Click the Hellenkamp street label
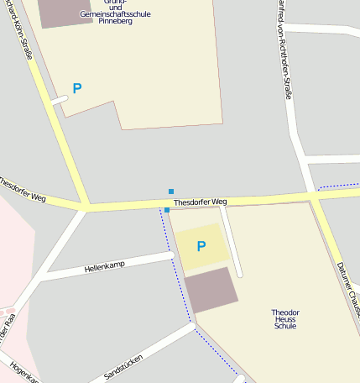tap(104, 268)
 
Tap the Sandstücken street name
tap(123, 366)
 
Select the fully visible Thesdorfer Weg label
tap(200, 202)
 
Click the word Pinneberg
tap(116, 22)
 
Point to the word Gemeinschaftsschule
tap(116, 14)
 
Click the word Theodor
tap(285, 312)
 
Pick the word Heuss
tap(285, 319)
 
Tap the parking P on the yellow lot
tap(201, 246)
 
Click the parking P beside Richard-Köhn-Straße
tap(77, 88)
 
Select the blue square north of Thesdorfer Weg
tap(171, 191)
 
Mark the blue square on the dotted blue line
tap(167, 210)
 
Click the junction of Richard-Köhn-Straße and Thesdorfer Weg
tap(86, 205)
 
